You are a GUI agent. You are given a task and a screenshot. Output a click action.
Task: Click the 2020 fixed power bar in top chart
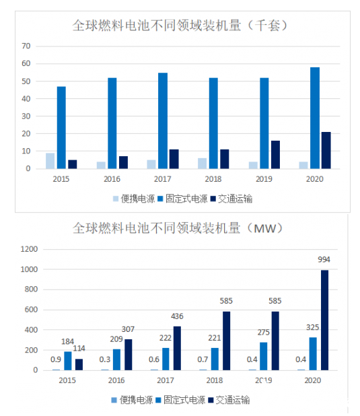[x=315, y=118]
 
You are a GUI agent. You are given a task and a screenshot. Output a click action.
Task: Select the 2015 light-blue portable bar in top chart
[x=50, y=161]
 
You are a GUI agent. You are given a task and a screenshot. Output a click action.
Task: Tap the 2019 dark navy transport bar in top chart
[x=275, y=155]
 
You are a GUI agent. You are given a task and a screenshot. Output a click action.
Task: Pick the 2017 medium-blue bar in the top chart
[x=163, y=120]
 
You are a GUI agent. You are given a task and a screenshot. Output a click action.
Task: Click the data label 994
[x=324, y=259]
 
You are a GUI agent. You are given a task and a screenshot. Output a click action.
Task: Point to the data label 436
[x=177, y=316]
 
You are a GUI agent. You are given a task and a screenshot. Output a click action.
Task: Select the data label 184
[x=67, y=341]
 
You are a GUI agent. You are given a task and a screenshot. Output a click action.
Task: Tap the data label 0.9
[x=56, y=359]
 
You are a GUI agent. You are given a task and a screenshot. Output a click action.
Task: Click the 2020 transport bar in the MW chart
[x=325, y=320]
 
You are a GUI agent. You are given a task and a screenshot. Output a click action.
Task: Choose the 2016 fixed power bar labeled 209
[x=116, y=359]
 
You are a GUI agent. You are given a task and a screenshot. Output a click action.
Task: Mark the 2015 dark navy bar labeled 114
[x=79, y=365]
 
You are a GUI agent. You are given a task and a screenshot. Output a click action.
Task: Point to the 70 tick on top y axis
[x=26, y=46]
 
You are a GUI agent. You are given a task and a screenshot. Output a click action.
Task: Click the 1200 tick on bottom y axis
[x=29, y=249]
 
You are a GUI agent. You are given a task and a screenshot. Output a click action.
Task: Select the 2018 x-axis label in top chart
[x=213, y=179]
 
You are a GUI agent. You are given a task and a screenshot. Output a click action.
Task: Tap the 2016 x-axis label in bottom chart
[x=116, y=380]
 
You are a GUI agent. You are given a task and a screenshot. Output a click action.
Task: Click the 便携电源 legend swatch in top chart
[x=116, y=199]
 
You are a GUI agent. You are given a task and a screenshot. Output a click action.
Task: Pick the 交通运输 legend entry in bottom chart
[x=229, y=400]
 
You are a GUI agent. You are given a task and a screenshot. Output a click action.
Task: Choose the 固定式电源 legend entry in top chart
[x=182, y=199]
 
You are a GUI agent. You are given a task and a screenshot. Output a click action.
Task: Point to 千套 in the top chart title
[x=267, y=26]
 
